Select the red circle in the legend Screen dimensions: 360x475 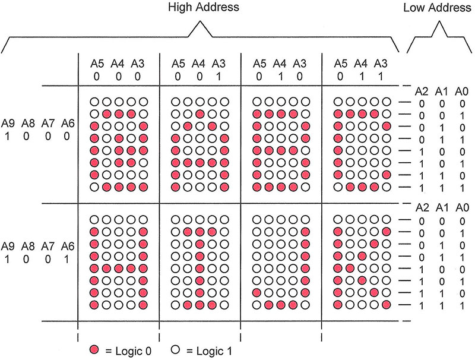coord(97,349)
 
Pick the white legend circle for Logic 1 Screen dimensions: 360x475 coord(176,349)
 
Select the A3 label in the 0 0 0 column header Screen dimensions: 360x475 coord(138,62)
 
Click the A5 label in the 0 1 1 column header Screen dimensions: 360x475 coord(341,62)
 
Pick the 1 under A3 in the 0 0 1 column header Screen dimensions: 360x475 coord(219,75)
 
